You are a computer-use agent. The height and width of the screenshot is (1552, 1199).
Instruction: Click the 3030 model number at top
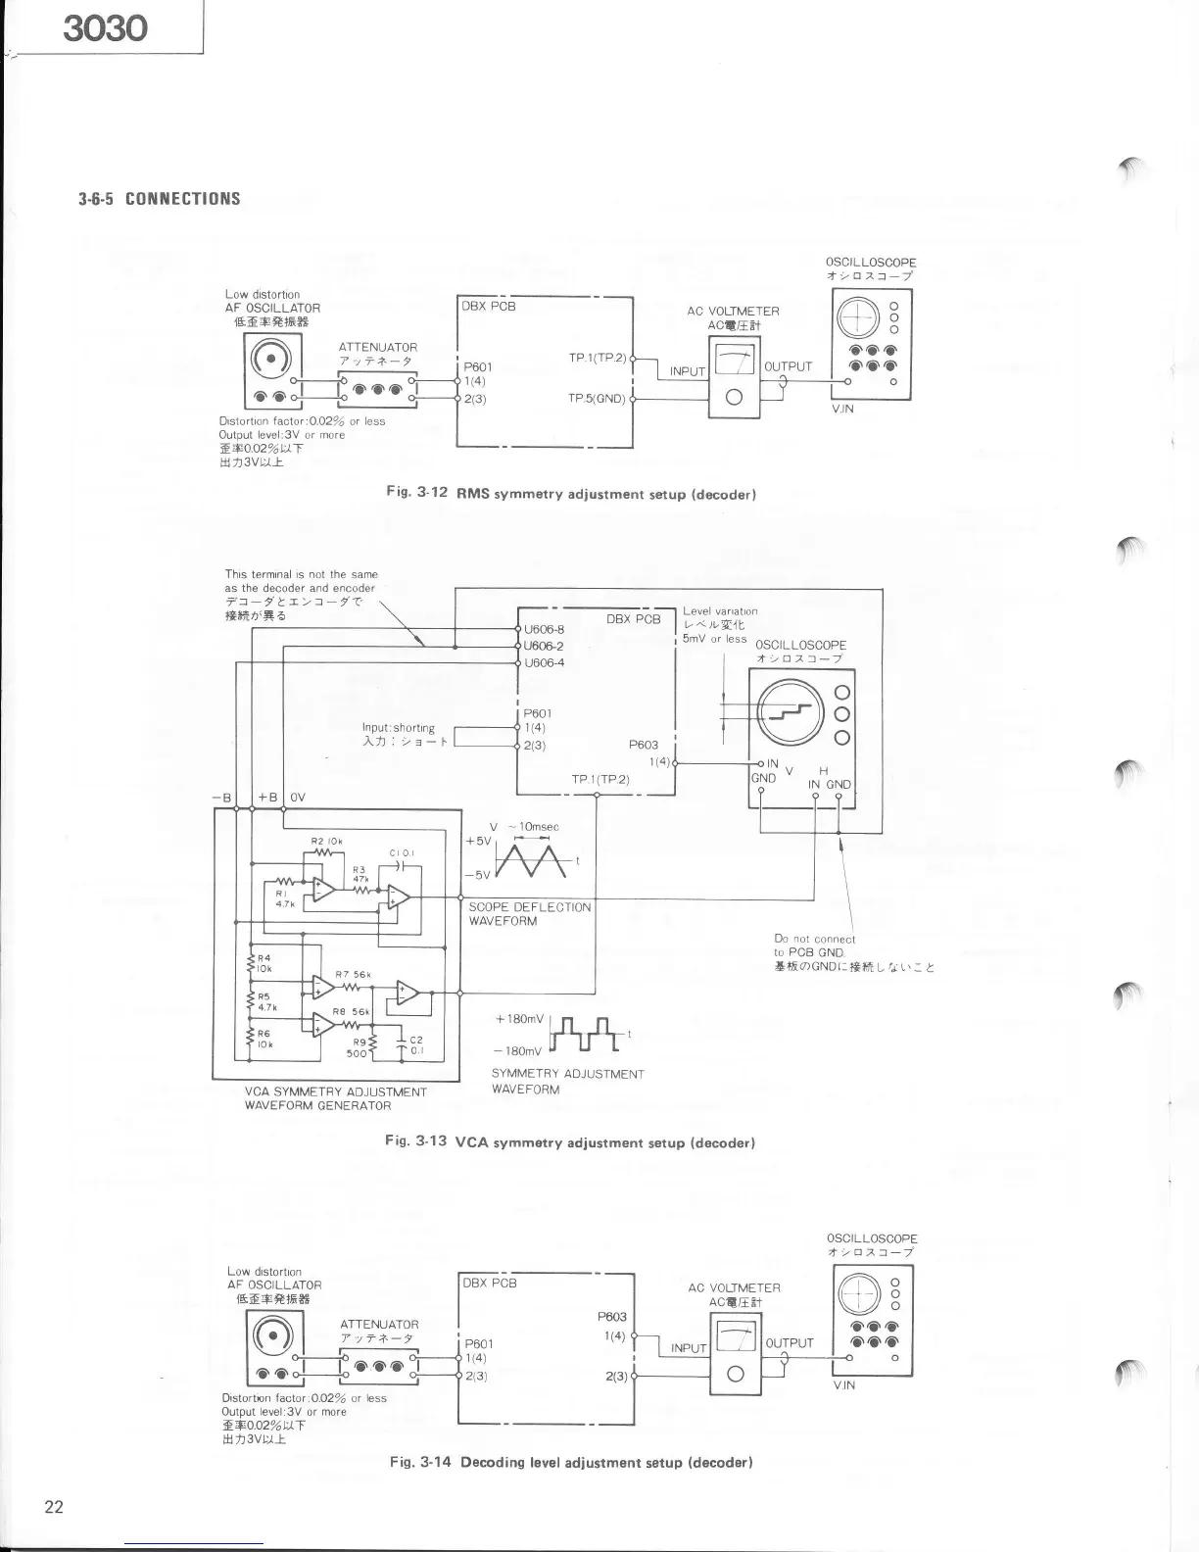click(x=105, y=27)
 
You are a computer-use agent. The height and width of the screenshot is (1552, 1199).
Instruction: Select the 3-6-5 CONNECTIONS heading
click(x=160, y=199)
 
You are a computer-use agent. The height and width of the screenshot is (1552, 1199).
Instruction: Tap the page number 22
click(x=54, y=1507)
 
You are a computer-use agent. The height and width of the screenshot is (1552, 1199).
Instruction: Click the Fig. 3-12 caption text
click(x=571, y=494)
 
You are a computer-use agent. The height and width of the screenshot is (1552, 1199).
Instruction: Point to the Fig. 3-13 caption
click(x=571, y=1141)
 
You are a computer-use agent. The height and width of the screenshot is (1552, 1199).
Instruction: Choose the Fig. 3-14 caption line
click(x=570, y=1462)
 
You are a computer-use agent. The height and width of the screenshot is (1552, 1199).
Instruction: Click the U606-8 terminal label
click(x=545, y=630)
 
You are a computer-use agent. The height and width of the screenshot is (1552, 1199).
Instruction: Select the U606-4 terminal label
click(x=545, y=662)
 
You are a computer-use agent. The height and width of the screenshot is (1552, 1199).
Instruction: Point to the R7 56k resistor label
click(x=352, y=974)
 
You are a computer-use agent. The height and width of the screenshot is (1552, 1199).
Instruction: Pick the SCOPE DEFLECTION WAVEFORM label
click(x=529, y=913)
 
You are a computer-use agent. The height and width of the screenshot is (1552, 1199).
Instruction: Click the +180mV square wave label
click(x=520, y=1019)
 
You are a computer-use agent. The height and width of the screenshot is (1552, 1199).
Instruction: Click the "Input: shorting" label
click(x=398, y=728)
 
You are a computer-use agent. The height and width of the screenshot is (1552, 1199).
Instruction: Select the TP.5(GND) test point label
click(x=597, y=399)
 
